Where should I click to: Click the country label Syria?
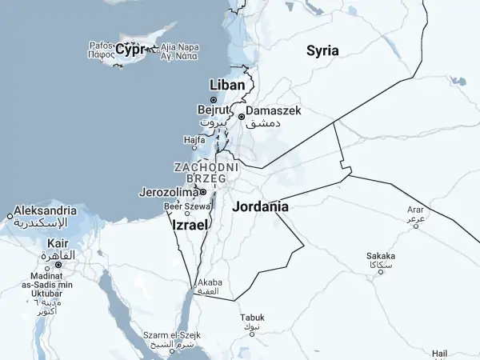(322, 50)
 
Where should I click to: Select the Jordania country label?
(260, 206)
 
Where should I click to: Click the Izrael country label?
(190, 226)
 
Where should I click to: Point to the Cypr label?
(130, 50)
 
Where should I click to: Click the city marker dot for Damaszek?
(241, 116)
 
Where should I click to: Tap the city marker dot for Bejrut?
(214, 100)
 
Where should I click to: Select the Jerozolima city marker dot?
(203, 192)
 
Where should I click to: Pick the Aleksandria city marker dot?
(10, 215)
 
